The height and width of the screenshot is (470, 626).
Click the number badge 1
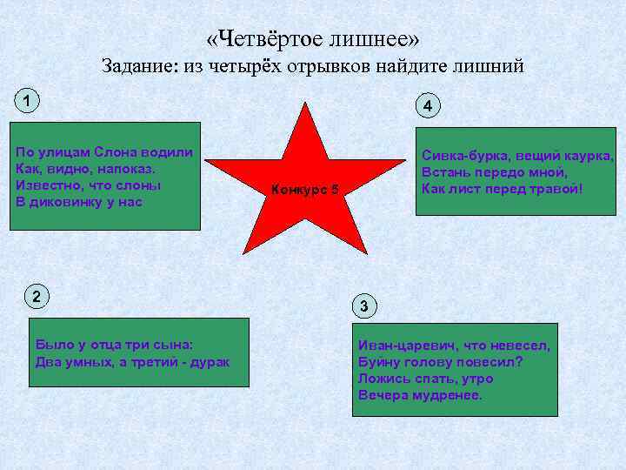click(28, 101)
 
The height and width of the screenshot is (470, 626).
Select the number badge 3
click(366, 305)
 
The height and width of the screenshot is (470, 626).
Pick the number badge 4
click(427, 106)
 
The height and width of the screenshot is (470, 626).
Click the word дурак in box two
click(209, 361)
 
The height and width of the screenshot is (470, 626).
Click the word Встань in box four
click(444, 172)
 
